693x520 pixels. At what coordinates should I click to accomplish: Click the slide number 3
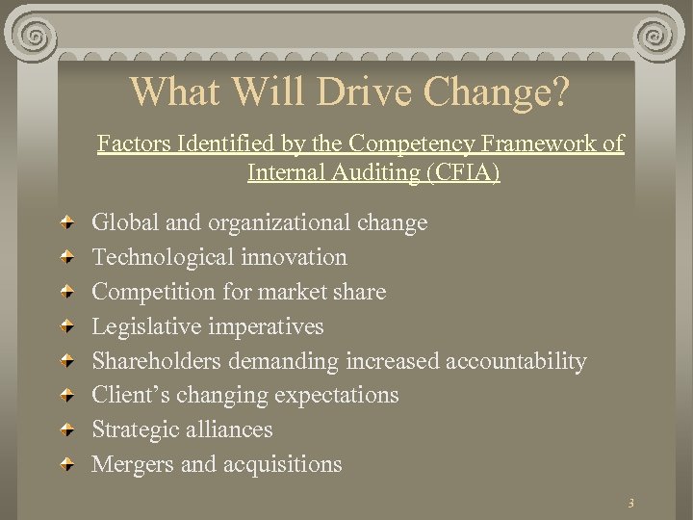(x=630, y=503)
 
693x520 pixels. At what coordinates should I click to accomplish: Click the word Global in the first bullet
(x=126, y=223)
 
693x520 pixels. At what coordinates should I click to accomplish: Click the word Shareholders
(x=156, y=361)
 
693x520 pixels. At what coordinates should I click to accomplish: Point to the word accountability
(x=515, y=361)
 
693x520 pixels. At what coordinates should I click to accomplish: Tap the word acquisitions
(x=282, y=464)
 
